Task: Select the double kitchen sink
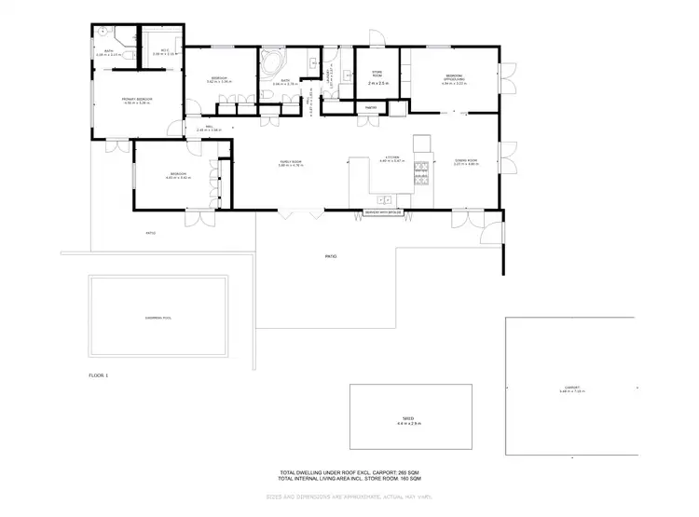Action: click(383, 198)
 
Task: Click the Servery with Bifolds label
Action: click(383, 213)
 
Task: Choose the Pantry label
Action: click(370, 107)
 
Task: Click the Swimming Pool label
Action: click(161, 318)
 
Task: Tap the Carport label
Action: click(571, 388)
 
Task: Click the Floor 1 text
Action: click(99, 375)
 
